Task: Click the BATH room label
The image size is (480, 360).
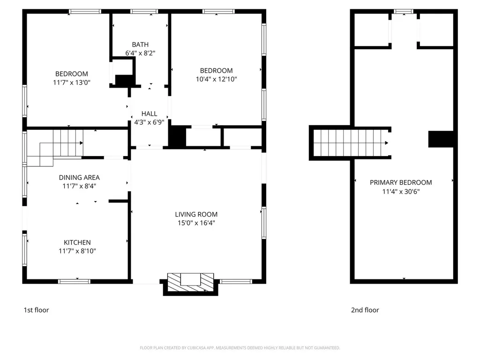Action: tap(140, 45)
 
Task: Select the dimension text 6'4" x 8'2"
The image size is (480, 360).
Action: tap(140, 53)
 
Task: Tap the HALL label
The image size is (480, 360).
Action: tap(150, 114)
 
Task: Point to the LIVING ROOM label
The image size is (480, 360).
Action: tap(196, 215)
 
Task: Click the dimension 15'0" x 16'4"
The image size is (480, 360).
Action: tap(196, 223)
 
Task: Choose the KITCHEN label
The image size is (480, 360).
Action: tap(77, 243)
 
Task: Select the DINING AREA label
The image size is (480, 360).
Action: tap(79, 178)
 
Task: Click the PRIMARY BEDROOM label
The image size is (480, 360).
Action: tap(401, 183)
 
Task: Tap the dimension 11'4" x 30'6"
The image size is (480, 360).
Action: tap(401, 192)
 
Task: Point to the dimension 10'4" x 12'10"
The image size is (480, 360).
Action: tap(217, 79)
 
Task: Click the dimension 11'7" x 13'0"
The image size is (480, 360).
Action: tap(72, 82)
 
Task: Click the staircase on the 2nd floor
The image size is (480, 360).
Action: tap(351, 143)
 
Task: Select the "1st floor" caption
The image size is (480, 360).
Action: tap(37, 310)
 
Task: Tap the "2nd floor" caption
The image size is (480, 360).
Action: tap(365, 310)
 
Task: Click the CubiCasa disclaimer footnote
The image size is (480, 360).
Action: tap(240, 348)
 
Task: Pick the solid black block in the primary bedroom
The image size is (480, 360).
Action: tap(441, 139)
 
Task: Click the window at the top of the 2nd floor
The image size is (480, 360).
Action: tap(404, 12)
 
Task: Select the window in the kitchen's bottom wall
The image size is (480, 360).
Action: tap(74, 281)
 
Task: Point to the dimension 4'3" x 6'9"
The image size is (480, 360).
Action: tap(150, 122)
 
